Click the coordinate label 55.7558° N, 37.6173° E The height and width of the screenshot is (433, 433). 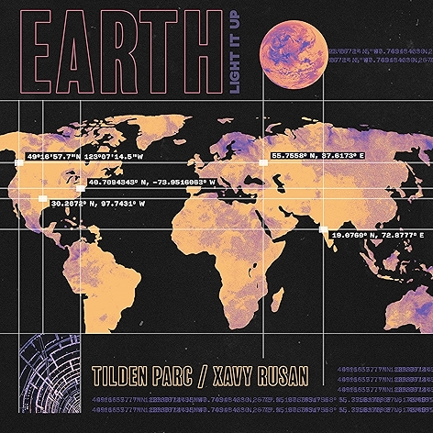(318, 157)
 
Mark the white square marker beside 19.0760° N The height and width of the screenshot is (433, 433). (323, 229)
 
